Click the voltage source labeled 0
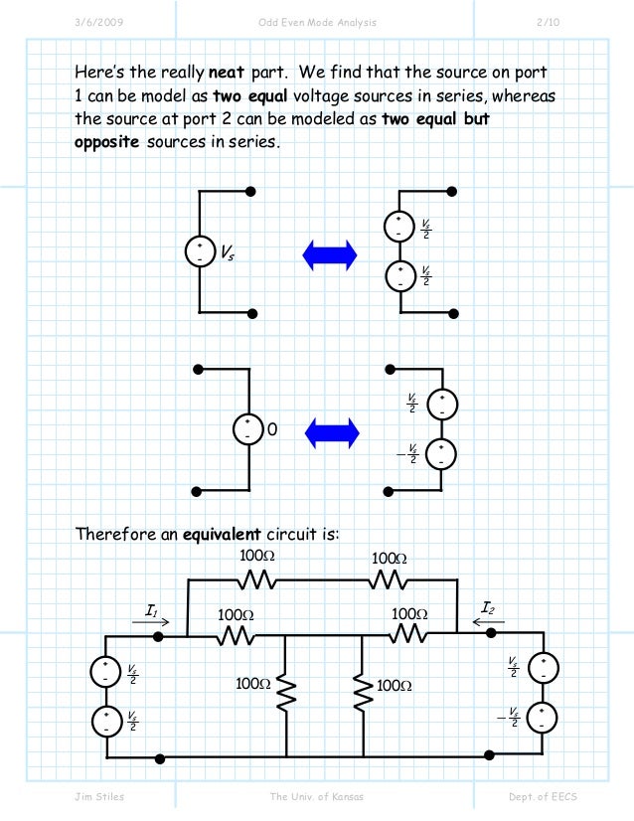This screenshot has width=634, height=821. click(246, 429)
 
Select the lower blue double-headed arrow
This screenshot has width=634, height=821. click(330, 430)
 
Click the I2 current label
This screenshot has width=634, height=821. click(488, 606)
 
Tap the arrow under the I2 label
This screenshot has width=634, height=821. click(488, 623)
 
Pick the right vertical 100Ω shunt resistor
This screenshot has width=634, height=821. click(358, 685)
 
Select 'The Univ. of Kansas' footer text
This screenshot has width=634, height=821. click(318, 797)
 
